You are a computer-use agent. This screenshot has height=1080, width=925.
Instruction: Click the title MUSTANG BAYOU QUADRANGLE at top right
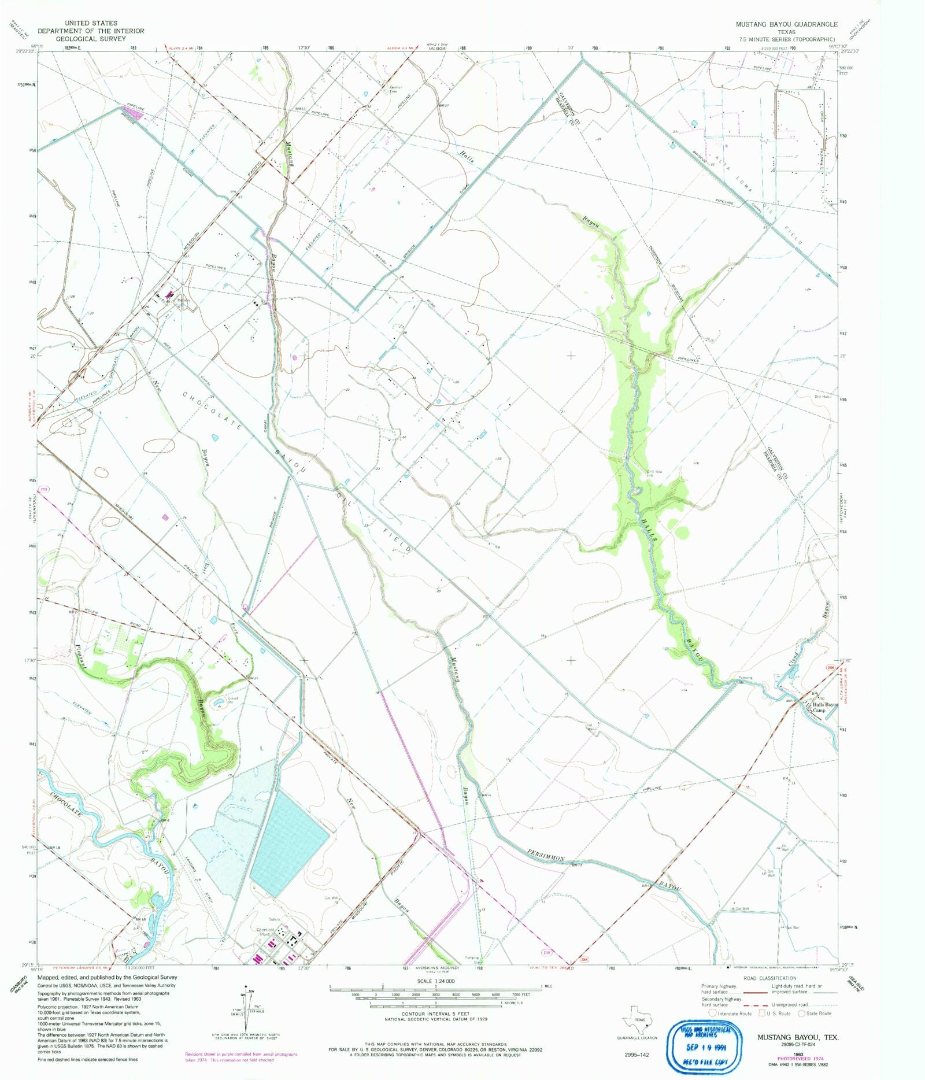(x=786, y=24)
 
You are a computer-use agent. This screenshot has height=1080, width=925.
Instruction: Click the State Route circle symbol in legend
(x=802, y=1013)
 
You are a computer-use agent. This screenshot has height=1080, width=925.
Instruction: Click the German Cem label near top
(x=395, y=89)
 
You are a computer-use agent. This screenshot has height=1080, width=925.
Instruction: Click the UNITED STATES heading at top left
(x=91, y=23)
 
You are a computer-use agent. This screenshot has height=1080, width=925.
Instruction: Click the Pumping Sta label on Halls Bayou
(x=745, y=679)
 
